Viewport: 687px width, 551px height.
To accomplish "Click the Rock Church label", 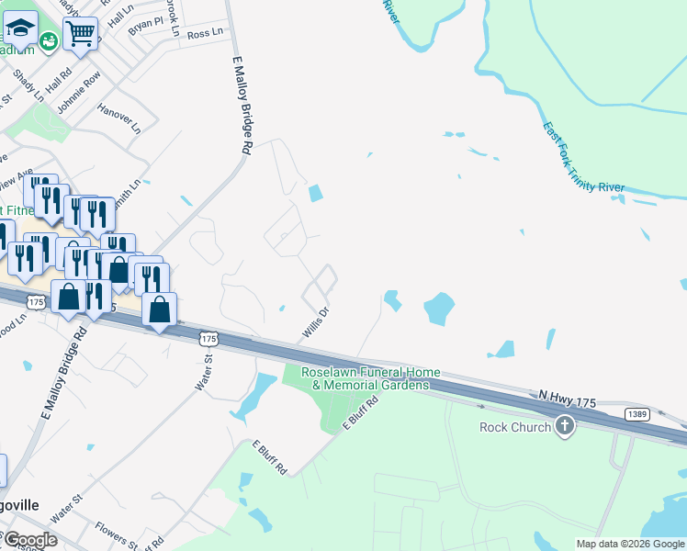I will (x=515, y=427).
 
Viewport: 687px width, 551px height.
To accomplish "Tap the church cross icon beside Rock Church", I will (x=565, y=426).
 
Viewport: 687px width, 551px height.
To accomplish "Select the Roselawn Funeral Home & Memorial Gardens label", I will (x=372, y=378).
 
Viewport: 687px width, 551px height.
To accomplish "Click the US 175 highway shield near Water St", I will (x=208, y=339).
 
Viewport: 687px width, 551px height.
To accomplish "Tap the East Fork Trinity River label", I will (x=582, y=158).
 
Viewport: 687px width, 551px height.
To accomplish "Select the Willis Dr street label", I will (x=316, y=321).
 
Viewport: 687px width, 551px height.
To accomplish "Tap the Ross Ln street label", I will (x=205, y=33).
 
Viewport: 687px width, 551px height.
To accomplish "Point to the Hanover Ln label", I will (x=118, y=118).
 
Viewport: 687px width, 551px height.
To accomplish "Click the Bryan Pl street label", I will (x=146, y=25).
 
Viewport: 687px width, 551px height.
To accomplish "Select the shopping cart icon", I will (x=81, y=35).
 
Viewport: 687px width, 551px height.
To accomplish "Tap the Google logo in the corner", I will (x=30, y=539).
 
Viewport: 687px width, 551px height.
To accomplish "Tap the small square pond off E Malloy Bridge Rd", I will (x=316, y=194).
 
